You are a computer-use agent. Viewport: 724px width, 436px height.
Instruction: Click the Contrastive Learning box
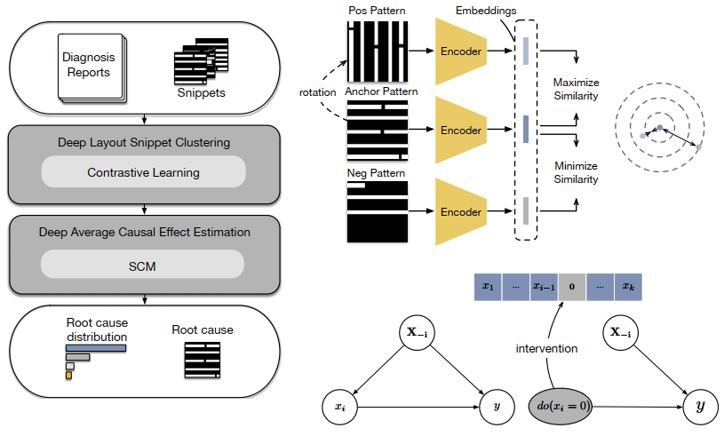click(142, 172)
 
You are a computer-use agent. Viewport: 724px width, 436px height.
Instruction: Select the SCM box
click(142, 264)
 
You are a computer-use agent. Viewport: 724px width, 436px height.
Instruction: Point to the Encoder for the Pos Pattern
click(461, 51)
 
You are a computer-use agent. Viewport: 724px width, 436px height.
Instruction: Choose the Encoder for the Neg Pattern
click(461, 212)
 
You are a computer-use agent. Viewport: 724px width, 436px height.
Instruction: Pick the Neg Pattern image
click(377, 212)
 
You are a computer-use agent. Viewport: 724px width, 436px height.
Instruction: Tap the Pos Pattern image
click(377, 51)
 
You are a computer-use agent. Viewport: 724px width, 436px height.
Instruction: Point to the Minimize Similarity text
click(576, 172)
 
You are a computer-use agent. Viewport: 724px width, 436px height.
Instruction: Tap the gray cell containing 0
click(570, 287)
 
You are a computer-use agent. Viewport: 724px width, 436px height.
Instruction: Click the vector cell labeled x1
click(487, 287)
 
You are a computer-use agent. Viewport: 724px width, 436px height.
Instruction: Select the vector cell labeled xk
click(626, 287)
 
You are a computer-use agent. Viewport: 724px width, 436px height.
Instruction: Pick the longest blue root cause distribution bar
click(96, 347)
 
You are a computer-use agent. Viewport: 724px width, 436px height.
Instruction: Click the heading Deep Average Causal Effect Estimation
click(144, 232)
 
